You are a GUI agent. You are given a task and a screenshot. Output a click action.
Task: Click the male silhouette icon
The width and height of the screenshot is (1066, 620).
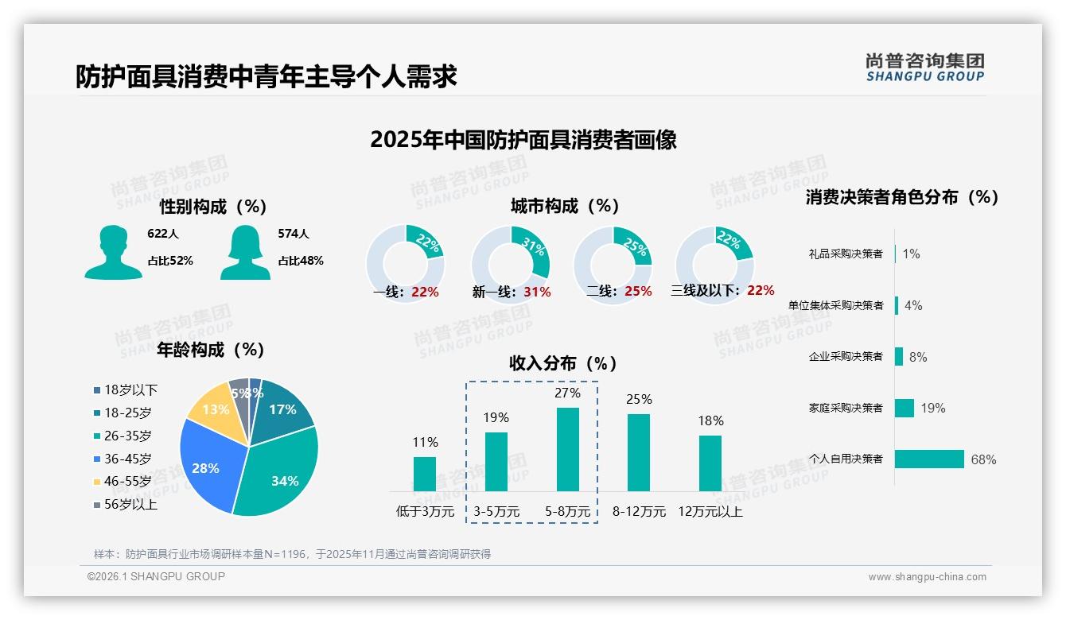(113, 253)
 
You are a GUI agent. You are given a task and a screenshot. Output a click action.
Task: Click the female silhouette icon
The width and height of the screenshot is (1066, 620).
(245, 253)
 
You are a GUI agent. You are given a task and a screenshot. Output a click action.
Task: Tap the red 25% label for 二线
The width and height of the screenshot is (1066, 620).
(638, 292)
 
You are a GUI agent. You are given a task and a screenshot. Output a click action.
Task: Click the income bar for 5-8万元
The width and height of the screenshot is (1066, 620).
(567, 449)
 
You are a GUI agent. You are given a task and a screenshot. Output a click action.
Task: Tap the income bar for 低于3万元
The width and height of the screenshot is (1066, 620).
(425, 474)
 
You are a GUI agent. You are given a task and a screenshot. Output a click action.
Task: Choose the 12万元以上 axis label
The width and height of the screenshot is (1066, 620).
(710, 512)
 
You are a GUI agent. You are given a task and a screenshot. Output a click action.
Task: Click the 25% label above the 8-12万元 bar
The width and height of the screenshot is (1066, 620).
(639, 399)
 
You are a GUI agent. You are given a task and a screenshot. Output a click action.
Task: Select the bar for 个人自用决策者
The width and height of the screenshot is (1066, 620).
(929, 459)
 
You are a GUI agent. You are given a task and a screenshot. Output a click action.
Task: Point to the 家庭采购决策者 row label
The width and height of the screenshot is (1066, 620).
(846, 409)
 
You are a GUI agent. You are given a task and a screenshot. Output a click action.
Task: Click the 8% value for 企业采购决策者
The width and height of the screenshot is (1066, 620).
(918, 357)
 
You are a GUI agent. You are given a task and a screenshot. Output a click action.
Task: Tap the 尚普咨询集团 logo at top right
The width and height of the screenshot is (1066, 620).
(924, 67)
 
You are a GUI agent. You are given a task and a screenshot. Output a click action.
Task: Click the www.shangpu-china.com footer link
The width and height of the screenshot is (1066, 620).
(927, 577)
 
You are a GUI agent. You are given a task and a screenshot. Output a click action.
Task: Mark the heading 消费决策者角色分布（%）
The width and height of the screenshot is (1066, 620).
(901, 197)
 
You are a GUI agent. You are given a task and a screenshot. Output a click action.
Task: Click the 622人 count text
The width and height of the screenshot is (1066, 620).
(163, 234)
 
